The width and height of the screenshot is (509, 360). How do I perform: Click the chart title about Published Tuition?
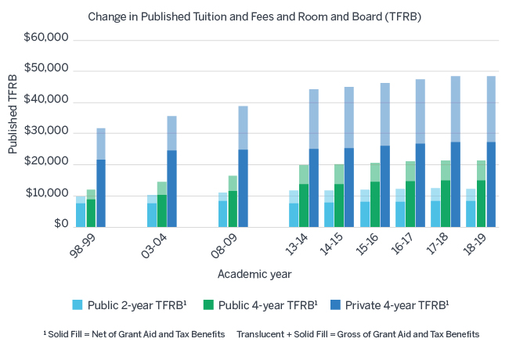pyautogui.click(x=254, y=16)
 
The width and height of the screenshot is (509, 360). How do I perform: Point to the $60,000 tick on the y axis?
pyautogui.click(x=47, y=38)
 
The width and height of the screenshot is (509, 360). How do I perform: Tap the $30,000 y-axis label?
pyautogui.click(x=47, y=132)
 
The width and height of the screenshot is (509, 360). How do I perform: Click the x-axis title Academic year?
pyautogui.click(x=254, y=274)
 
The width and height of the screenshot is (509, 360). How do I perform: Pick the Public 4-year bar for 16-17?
pyautogui.click(x=410, y=196)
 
